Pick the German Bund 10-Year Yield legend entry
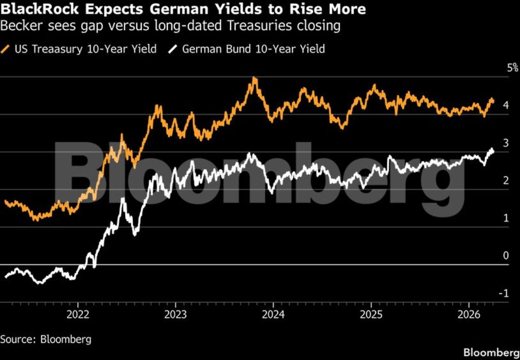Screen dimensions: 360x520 coord(253,49)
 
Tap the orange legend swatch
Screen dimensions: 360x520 coord(6,49)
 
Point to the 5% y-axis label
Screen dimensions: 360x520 coord(513,68)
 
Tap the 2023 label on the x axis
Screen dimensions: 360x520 coord(175,313)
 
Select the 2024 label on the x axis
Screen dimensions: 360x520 coord(273,313)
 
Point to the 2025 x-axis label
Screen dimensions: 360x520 coord(371,313)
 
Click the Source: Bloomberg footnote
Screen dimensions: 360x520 coord(46,339)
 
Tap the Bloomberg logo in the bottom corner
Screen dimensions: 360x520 coord(491,352)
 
